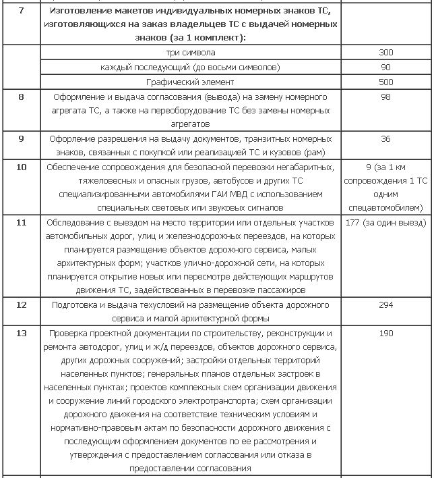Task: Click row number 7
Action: tap(21, 11)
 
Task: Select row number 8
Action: tap(21, 97)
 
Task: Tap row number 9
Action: tap(21, 138)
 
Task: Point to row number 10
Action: tap(21, 167)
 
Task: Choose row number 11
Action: tap(21, 222)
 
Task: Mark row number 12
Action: tap(21, 305)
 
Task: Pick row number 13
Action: tap(21, 334)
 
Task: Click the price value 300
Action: tap(385, 52)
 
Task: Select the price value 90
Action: tap(385, 67)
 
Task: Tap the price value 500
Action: tap(385, 82)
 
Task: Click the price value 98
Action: tap(385, 97)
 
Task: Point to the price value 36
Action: tap(385, 138)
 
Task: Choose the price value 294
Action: tap(385, 305)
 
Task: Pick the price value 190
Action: tap(385, 334)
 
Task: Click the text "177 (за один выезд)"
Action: tap(385, 222)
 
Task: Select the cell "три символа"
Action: tap(191, 52)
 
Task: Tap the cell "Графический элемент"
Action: tap(191, 82)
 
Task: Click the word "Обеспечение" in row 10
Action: tap(74, 167)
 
